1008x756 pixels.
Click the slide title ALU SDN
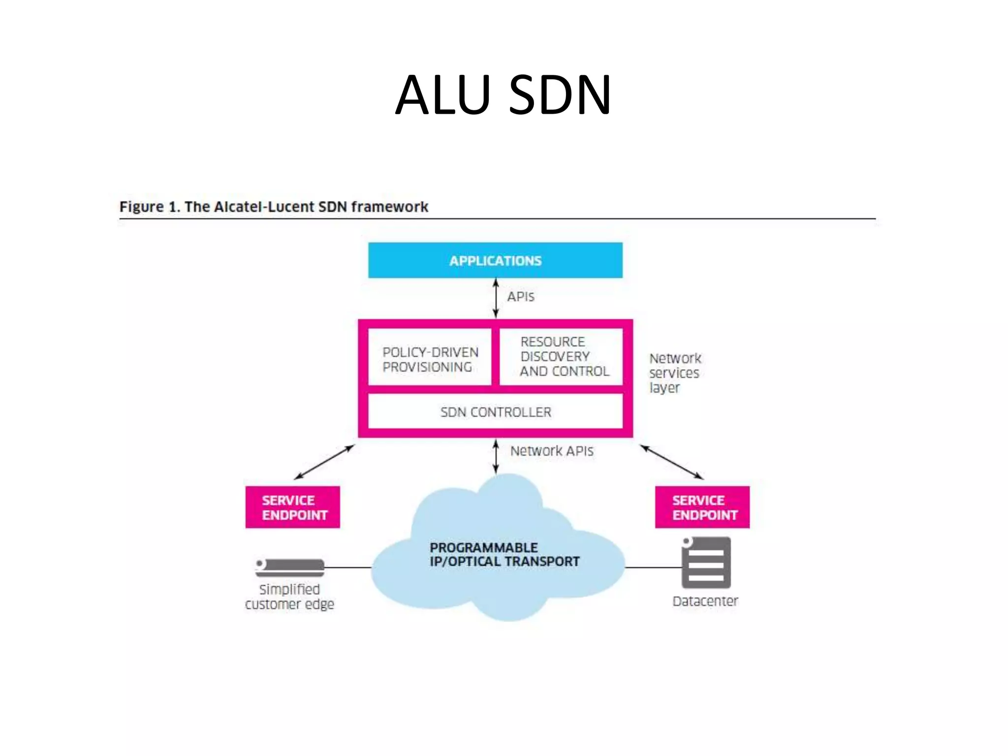click(503, 94)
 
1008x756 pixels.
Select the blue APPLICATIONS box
click(495, 260)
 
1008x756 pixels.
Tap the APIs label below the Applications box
click(520, 297)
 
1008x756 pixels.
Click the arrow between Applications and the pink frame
click(496, 298)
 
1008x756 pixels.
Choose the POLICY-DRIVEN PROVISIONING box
click(430, 359)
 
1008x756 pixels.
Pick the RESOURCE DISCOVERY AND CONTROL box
click(561, 356)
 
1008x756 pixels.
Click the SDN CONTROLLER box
click(495, 412)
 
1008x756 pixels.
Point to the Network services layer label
click(674, 373)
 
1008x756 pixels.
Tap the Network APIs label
click(551, 451)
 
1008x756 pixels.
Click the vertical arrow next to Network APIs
click(496, 457)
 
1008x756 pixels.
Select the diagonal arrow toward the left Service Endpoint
click(324, 462)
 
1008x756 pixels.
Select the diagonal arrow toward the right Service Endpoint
click(671, 462)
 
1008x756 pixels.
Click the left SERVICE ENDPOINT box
click(292, 507)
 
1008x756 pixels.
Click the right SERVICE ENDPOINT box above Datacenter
click(702, 507)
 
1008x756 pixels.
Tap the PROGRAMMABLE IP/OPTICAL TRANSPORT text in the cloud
click(504, 555)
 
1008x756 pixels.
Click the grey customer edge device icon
click(290, 567)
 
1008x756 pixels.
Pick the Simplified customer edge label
click(289, 597)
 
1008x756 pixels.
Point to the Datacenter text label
click(705, 601)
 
